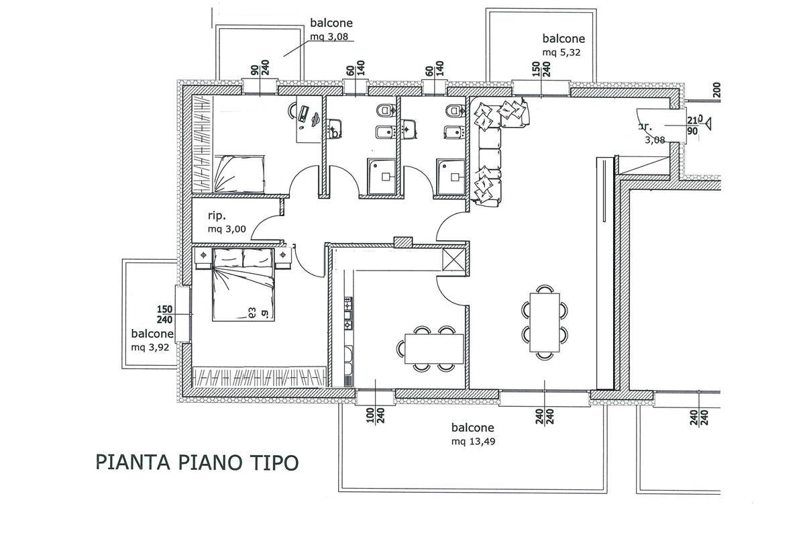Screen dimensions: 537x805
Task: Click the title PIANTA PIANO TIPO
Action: point(197,462)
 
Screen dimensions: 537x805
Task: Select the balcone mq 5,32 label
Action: point(563,44)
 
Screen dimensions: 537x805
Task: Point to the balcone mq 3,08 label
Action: point(331,30)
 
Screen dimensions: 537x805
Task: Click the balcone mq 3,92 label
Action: point(152,340)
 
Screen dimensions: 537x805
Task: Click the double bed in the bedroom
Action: point(244,285)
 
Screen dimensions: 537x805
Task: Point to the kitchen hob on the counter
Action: point(348,316)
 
